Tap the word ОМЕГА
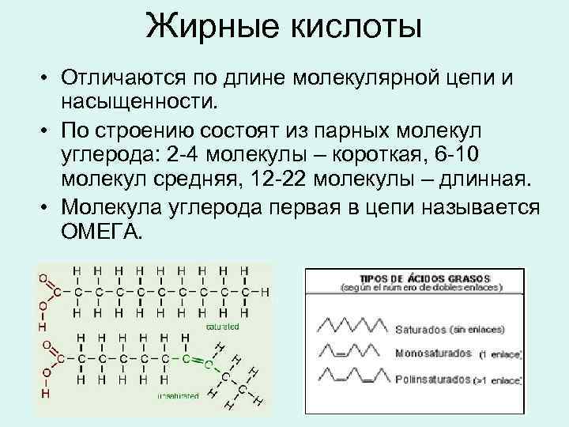101,231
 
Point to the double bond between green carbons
194,357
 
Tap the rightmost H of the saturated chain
266,292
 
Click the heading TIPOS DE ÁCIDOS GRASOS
424,279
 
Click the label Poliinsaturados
432,380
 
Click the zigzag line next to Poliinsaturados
354,378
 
